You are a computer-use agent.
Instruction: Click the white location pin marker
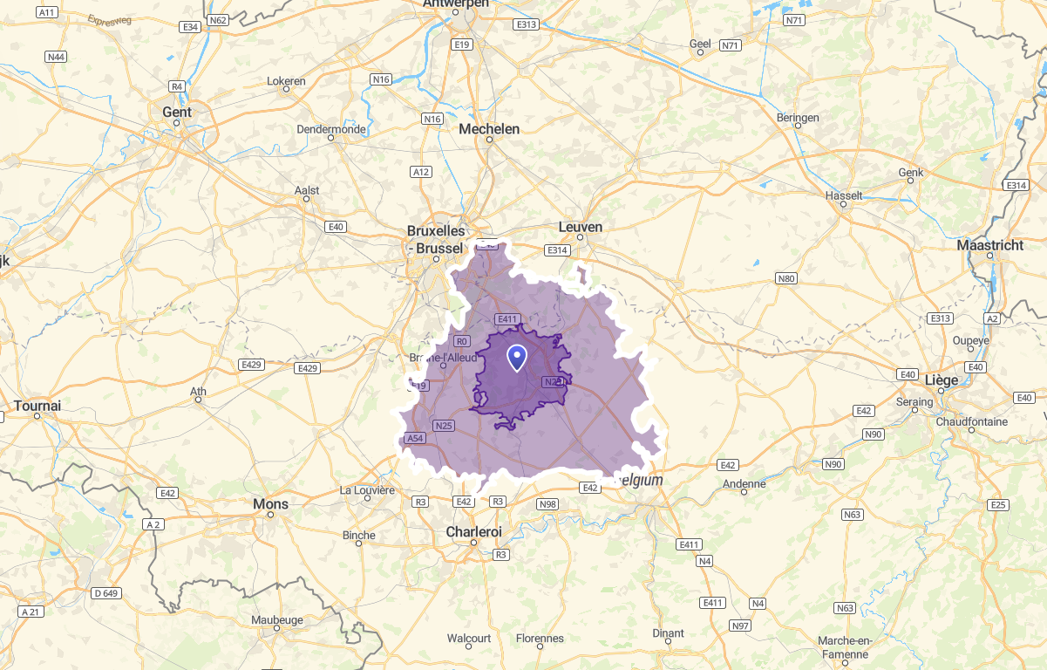pos(517,358)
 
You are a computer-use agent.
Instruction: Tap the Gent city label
pos(177,112)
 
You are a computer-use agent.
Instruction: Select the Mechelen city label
pos(489,129)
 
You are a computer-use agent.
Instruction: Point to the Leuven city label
pos(580,227)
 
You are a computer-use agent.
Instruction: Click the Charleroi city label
pos(473,531)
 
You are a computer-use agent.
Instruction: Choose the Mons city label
pos(270,504)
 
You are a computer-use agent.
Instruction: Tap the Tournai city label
pos(37,406)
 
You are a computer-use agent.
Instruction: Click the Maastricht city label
pos(989,245)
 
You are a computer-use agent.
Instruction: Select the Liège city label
pos(942,380)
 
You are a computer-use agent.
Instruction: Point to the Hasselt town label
pos(843,195)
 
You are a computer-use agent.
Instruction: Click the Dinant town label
pos(668,633)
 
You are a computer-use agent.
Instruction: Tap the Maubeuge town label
pos(276,620)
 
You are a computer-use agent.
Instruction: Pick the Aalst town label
pos(307,190)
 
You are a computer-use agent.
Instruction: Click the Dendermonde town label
pos(330,129)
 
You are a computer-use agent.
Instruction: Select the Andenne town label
pos(744,483)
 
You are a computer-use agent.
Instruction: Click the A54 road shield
pos(415,438)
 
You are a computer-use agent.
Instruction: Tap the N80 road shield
pos(785,278)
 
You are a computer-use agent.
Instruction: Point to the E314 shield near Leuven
pos(556,250)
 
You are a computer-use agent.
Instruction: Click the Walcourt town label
pos(469,639)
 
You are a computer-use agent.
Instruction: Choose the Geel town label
pos(699,44)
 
